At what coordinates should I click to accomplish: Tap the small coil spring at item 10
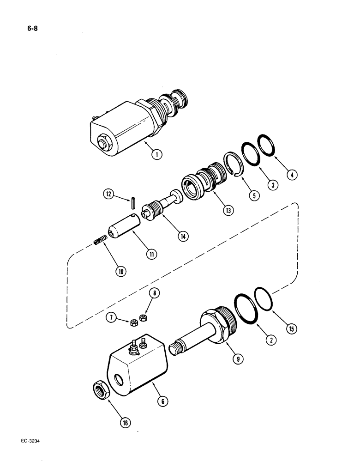click(101, 240)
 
